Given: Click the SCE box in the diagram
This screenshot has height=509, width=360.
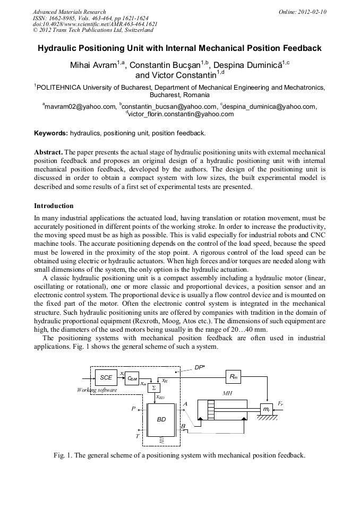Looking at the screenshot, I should pos(106,378).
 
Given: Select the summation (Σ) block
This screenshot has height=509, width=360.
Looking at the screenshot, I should pos(153,388).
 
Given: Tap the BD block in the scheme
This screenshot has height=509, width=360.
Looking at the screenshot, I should pos(161,419).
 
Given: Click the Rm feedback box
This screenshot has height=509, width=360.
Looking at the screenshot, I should pos(233,376).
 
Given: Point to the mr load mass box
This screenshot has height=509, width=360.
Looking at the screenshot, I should pos(266,409).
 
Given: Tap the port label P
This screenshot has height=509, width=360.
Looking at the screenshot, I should pos(133,409).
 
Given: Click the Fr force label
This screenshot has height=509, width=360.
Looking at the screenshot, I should pos(281,404).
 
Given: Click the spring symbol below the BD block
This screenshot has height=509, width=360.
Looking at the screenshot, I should pos(161,440).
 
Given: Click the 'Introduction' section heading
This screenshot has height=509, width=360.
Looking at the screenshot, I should pos(54,205).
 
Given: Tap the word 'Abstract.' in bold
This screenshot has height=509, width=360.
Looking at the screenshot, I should pos(49,151).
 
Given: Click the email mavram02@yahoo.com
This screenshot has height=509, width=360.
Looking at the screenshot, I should pos(80,106).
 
